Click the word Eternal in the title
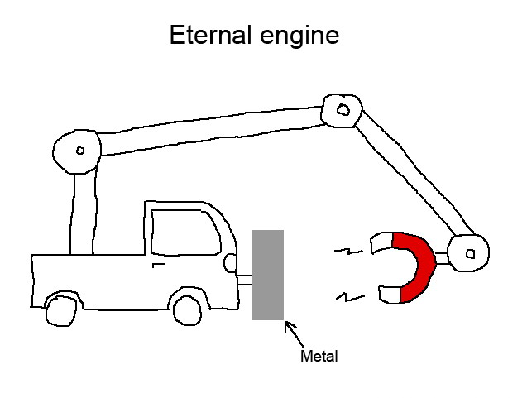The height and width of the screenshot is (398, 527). coord(211,36)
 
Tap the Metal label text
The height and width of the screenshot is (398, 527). coord(319,357)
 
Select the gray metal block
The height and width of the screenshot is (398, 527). coord(267,275)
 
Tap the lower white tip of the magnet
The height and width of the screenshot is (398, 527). coord(389,293)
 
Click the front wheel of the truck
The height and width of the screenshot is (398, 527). coord(187,309)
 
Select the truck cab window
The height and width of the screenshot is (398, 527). coord(186,231)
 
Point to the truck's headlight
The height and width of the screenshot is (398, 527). coord(231,262)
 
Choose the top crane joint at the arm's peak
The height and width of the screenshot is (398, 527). coord(340,108)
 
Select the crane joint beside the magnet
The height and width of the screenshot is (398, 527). coord(469,252)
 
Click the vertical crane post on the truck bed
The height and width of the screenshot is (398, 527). coord(84,213)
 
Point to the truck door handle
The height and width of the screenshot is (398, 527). coord(158,265)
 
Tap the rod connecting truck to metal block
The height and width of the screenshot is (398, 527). coord(244,280)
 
